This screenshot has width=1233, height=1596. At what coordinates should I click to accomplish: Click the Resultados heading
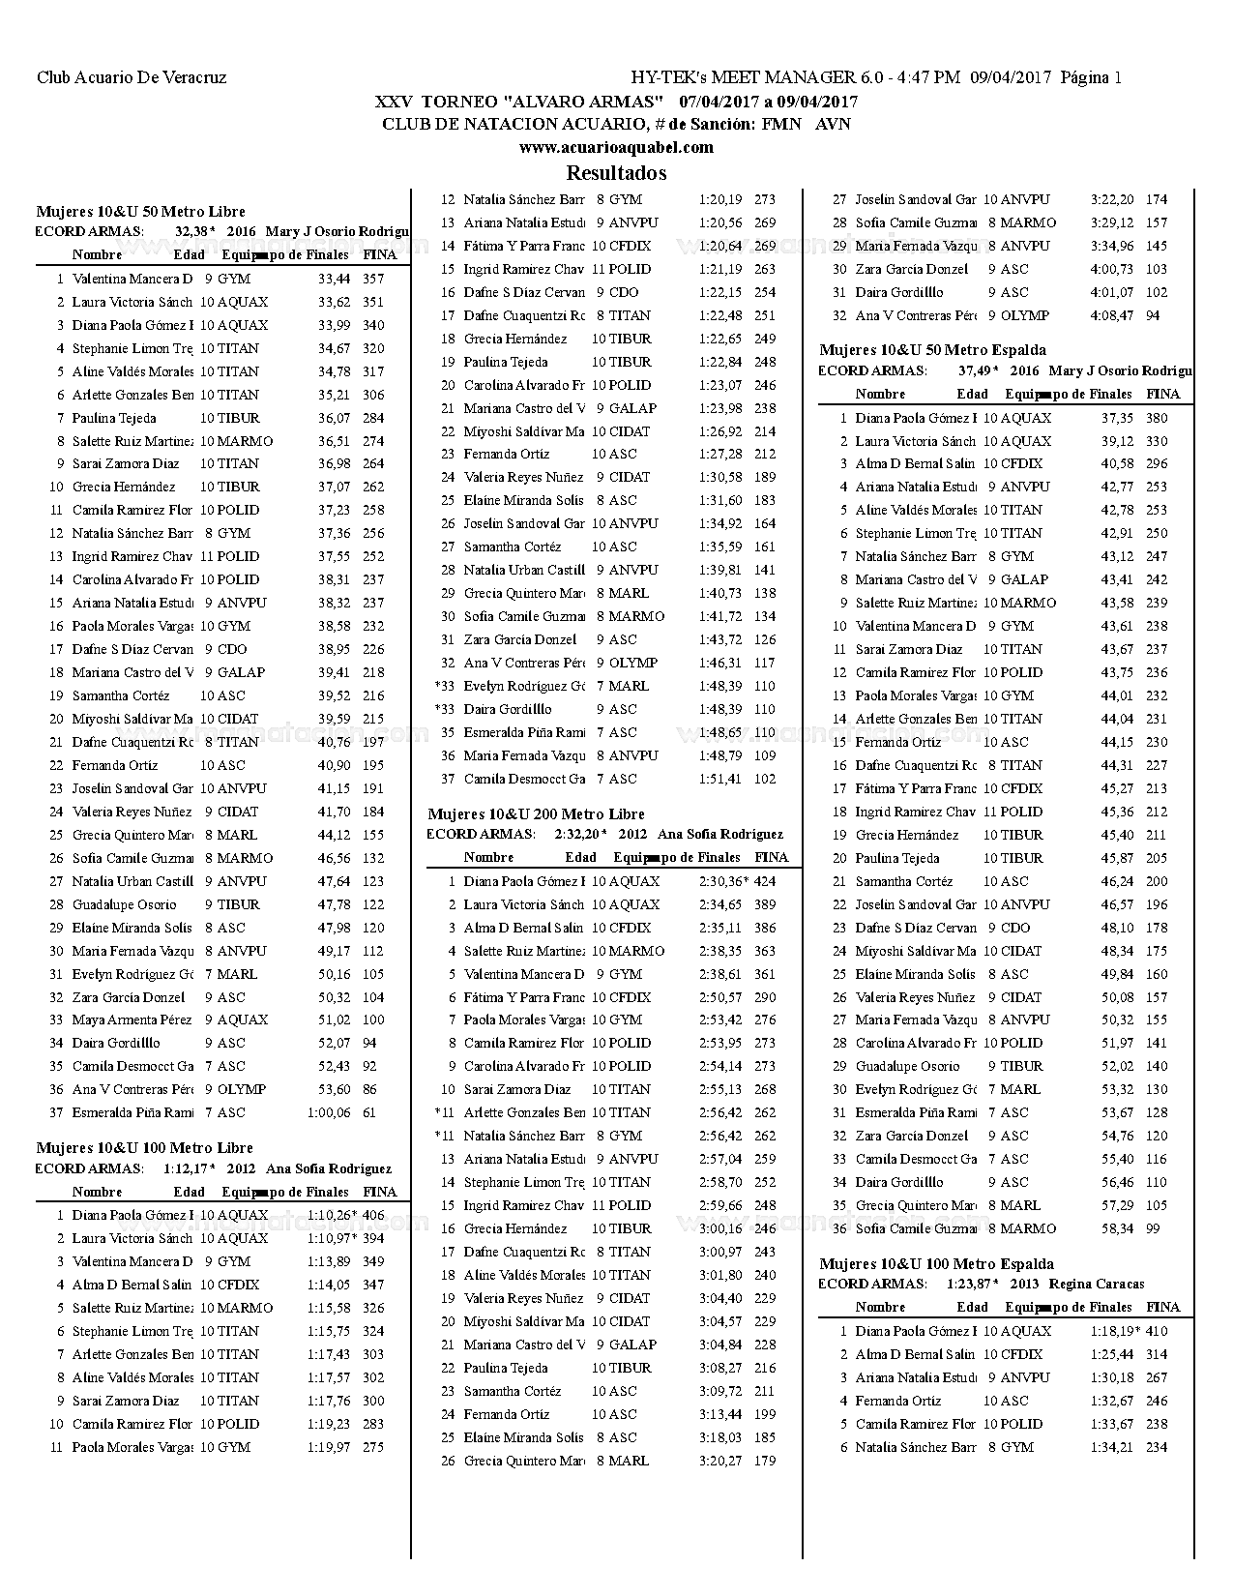tap(616, 173)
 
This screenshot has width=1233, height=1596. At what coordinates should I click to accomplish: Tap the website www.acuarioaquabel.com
tap(616, 147)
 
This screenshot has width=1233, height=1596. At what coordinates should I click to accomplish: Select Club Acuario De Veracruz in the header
tap(132, 77)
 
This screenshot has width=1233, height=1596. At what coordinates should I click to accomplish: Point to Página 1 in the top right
tap(1091, 77)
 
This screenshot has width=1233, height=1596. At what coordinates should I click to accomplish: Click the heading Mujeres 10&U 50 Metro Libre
tap(140, 211)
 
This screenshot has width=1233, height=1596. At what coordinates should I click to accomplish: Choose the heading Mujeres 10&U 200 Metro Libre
tap(536, 814)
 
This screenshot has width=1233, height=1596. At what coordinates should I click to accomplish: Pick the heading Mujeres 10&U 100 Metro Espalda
tap(936, 1263)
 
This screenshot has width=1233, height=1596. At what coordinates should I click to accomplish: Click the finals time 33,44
tap(334, 279)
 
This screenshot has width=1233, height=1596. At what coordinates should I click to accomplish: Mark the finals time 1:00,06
tap(329, 1112)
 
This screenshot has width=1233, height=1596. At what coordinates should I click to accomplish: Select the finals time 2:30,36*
tap(724, 881)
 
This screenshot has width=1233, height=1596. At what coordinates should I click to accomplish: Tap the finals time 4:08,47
tap(1112, 315)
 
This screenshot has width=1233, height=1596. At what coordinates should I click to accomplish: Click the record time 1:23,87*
tap(973, 1285)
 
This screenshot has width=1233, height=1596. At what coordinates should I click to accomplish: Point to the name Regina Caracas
tap(1095, 1285)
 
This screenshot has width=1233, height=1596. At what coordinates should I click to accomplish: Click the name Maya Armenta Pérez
tap(132, 1020)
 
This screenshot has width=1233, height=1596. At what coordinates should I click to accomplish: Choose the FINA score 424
tap(765, 881)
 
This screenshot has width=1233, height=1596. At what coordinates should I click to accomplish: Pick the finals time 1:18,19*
tap(1116, 1331)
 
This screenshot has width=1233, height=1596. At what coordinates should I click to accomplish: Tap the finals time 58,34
tap(1117, 1228)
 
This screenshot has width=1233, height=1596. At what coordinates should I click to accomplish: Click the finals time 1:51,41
tap(720, 779)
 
